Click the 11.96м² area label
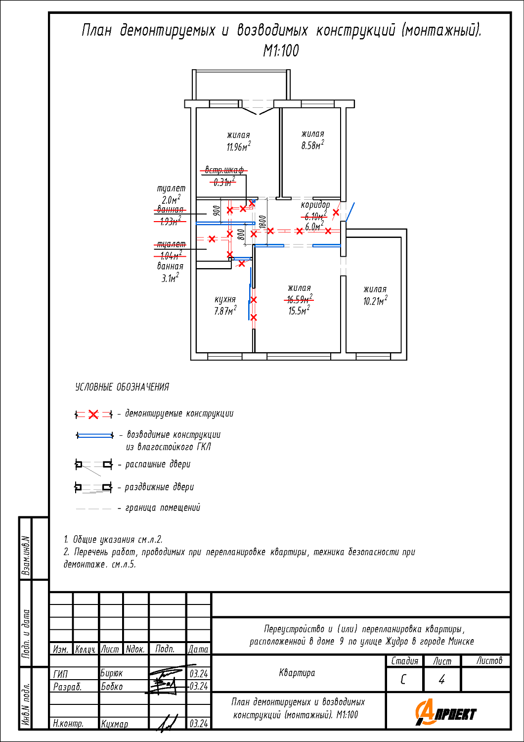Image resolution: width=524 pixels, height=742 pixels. [238, 146]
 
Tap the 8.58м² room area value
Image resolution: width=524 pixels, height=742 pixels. [312, 145]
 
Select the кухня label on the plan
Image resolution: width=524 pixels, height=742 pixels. [225, 299]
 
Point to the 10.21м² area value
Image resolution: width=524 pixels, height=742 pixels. [375, 301]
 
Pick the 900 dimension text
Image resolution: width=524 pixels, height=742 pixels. [217, 211]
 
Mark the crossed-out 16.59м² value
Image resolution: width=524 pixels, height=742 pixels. [299, 299]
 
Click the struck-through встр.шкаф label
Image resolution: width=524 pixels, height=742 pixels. [224, 171]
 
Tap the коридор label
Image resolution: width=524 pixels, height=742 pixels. [315, 205]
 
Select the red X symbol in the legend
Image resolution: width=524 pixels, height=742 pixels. [93, 415]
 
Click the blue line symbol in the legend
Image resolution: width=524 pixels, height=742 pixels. [94, 435]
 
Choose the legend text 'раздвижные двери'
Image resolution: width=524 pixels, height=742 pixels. [159, 487]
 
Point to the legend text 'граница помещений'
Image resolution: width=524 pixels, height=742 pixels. [162, 508]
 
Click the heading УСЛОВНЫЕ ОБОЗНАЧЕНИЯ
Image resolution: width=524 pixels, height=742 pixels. [122, 387]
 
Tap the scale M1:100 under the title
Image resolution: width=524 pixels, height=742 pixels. [281, 50]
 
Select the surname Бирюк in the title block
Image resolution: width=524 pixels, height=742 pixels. [112, 673]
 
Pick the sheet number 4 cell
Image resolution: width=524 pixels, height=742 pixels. [441, 680]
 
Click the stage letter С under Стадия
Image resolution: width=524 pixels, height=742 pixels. [403, 680]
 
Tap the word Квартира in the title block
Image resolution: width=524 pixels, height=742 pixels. [297, 673]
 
